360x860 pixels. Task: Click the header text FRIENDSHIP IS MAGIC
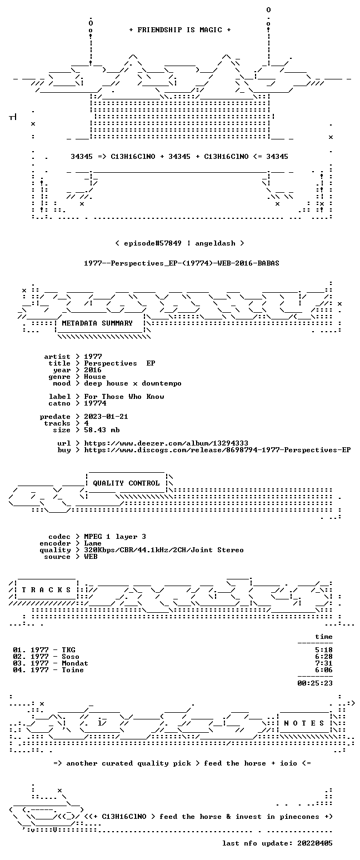179,30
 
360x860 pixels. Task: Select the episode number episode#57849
152,243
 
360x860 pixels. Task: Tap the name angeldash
215,243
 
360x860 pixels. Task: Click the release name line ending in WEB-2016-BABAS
182,263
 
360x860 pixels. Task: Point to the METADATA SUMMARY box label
97,323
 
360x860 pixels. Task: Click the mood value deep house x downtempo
133,383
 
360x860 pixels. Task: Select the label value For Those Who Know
124,397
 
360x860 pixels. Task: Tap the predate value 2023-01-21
106,417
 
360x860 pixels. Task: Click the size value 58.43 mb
102,430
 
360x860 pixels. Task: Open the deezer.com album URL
166,443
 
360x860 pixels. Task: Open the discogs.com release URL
217,450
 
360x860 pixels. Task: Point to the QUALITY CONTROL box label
126,483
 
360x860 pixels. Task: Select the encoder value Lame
92,543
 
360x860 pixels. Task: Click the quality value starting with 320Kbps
164,550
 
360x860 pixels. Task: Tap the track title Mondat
75,663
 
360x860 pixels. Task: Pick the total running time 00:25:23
314,683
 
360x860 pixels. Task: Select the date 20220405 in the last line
314,843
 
